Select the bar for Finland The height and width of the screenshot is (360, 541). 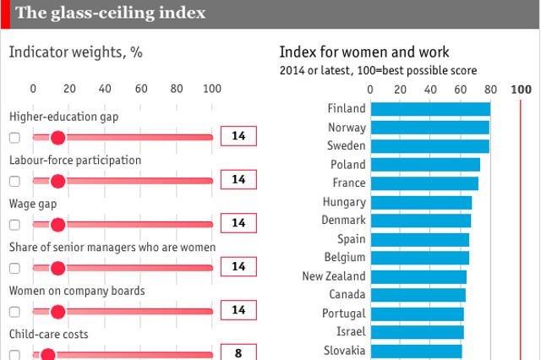(x=430, y=109)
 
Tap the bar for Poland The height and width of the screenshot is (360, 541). (x=425, y=165)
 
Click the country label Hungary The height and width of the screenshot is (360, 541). (x=344, y=202)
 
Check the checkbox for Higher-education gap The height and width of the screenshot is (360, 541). (x=14, y=137)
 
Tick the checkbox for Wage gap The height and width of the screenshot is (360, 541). (x=14, y=225)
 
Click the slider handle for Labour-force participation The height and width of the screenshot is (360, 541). (x=57, y=181)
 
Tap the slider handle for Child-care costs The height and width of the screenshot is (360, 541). (x=47, y=354)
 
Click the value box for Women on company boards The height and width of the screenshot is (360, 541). (x=238, y=310)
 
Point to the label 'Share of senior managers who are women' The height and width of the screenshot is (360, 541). (x=112, y=248)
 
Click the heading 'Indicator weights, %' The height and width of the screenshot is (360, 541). (x=75, y=52)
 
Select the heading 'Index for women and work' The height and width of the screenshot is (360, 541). (x=364, y=52)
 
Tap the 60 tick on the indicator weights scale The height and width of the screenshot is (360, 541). (x=140, y=89)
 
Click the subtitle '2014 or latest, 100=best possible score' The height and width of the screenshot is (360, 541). (x=378, y=71)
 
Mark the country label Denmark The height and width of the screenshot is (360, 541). (x=344, y=221)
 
